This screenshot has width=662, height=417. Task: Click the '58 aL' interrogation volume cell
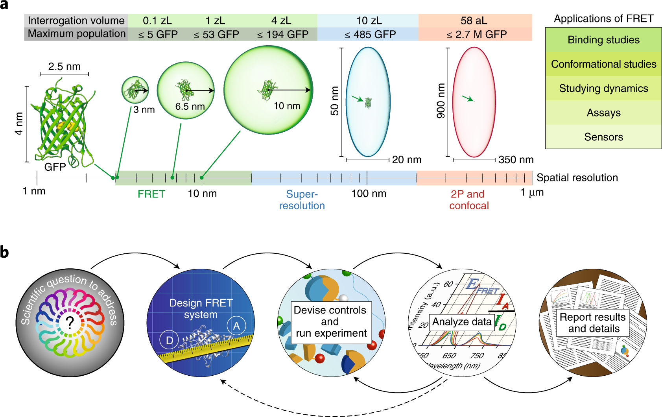click(474, 20)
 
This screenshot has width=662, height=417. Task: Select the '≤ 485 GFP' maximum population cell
click(370, 35)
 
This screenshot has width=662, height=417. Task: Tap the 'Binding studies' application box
click(603, 40)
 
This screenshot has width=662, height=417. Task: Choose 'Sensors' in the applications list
click(603, 137)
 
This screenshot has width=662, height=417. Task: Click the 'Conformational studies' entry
click(603, 64)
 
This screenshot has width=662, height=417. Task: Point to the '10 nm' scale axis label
click(202, 194)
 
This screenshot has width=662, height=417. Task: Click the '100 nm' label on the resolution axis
click(369, 194)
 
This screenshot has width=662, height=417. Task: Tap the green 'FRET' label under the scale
click(151, 194)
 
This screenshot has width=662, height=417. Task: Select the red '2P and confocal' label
click(468, 200)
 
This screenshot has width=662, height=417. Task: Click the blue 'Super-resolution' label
click(302, 200)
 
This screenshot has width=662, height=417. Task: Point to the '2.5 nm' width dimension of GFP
click(65, 66)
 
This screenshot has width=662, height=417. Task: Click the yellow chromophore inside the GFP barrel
click(64, 126)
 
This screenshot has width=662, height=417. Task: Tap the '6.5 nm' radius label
click(190, 107)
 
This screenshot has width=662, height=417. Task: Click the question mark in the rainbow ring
click(70, 323)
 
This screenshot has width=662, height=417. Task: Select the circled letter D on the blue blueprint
click(169, 340)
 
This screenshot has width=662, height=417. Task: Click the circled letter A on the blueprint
click(236, 326)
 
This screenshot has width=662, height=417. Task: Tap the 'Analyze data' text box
click(462, 322)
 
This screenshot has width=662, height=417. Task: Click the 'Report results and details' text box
click(593, 323)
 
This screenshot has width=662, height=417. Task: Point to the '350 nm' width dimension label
click(516, 160)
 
